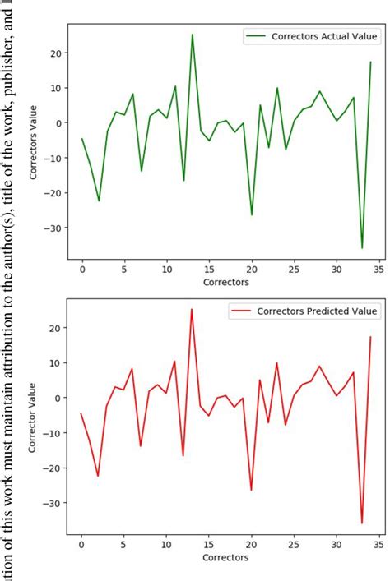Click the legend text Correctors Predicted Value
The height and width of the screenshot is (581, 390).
pyautogui.click(x=317, y=311)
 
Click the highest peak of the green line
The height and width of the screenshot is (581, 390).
pyautogui.click(x=193, y=35)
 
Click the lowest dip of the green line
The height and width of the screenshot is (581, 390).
pyautogui.click(x=362, y=248)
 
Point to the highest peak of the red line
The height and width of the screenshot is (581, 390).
pyautogui.click(x=193, y=310)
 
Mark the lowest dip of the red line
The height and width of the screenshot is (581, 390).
pyautogui.click(x=362, y=523)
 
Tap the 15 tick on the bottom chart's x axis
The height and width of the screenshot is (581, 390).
pyautogui.click(x=209, y=543)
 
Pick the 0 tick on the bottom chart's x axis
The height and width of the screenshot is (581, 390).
pyautogui.click(x=82, y=543)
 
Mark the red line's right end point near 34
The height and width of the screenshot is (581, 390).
pyautogui.click(x=370, y=337)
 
